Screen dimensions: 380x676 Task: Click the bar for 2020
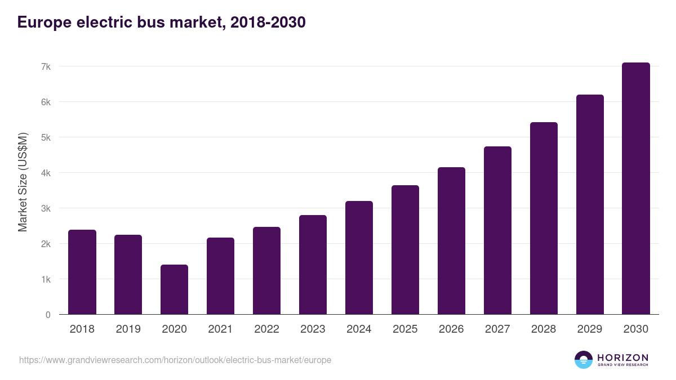click(x=174, y=289)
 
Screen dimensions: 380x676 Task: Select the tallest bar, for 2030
click(x=635, y=189)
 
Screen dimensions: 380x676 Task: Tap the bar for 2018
click(x=82, y=272)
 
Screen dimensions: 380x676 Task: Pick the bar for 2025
click(x=405, y=250)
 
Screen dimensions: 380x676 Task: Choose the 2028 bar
click(x=544, y=218)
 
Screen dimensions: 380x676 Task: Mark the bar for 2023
click(x=313, y=265)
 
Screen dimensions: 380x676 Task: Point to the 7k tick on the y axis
click(x=46, y=66)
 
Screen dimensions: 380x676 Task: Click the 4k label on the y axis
click(x=46, y=173)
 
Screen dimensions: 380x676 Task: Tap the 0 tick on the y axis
click(x=48, y=315)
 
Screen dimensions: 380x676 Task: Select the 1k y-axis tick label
click(x=46, y=279)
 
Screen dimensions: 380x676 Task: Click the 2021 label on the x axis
click(x=220, y=329)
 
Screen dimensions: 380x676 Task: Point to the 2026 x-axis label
click(x=451, y=329)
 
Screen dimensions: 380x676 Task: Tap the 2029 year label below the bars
click(x=590, y=329)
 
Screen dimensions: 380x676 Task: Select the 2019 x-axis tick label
click(x=128, y=329)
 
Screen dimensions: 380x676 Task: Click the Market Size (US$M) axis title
click(x=23, y=182)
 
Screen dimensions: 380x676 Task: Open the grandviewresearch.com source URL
click(x=175, y=360)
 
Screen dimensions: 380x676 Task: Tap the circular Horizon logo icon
click(x=584, y=360)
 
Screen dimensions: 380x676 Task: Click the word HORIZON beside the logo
click(x=622, y=357)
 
